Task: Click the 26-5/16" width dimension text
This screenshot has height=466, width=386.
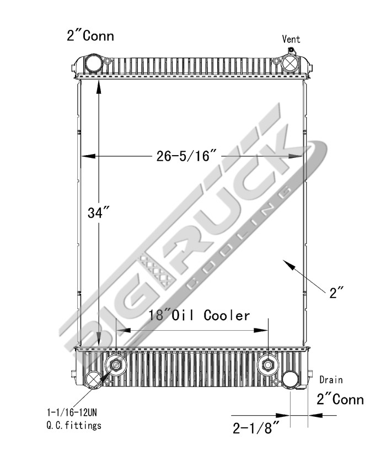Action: tap(184, 156)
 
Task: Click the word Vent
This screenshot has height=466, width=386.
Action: tap(291, 39)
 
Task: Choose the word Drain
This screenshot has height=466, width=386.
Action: tap(331, 380)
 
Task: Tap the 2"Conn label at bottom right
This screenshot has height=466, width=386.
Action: tap(340, 399)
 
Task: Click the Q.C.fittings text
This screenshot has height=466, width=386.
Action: tap(74, 425)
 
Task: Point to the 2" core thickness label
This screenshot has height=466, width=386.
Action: tap(336, 292)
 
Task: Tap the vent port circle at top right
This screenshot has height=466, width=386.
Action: tap(289, 63)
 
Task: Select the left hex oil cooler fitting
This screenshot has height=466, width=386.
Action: tap(116, 365)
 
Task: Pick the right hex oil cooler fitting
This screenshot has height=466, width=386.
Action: tap(267, 365)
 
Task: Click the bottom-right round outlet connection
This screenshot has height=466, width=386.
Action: tap(289, 379)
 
